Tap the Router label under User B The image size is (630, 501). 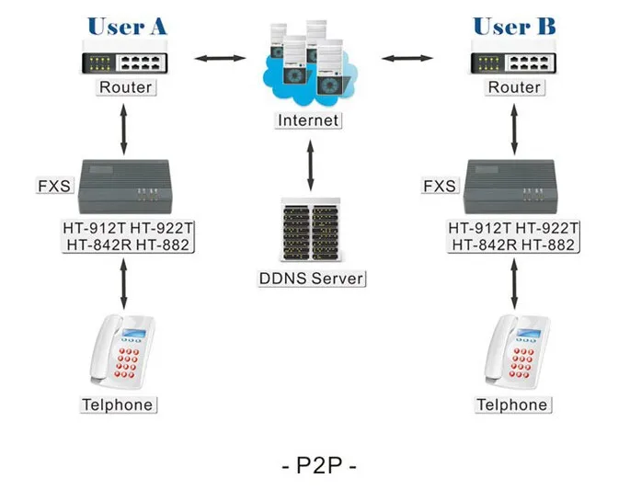514,87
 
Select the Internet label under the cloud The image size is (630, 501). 309,120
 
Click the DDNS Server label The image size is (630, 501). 311,279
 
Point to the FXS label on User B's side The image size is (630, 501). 439,187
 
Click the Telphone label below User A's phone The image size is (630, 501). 117,404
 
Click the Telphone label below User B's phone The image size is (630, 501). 512,404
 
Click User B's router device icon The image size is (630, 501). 514,58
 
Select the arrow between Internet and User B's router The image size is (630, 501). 407,60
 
